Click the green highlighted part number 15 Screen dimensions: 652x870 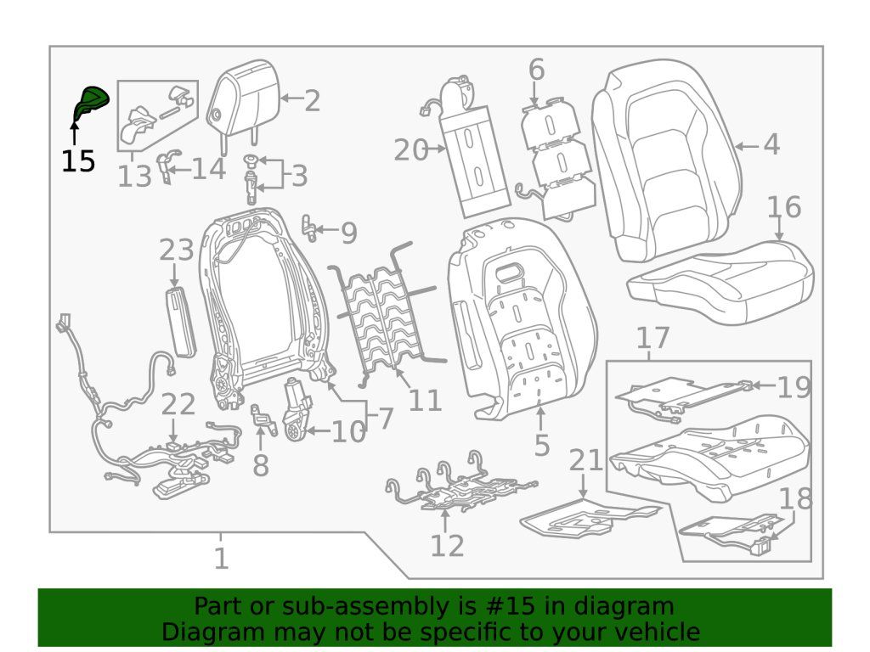pos(91,104)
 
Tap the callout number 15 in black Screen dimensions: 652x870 pos(78,160)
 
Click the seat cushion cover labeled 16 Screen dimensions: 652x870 pos(720,280)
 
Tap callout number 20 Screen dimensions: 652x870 pos(411,151)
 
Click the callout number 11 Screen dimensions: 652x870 pos(425,399)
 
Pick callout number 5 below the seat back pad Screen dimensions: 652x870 pos(541,444)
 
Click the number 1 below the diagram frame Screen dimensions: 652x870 pos(221,559)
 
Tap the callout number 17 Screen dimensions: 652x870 pos(653,338)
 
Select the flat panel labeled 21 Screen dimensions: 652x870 pos(586,518)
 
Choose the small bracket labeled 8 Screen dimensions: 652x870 pos(263,420)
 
